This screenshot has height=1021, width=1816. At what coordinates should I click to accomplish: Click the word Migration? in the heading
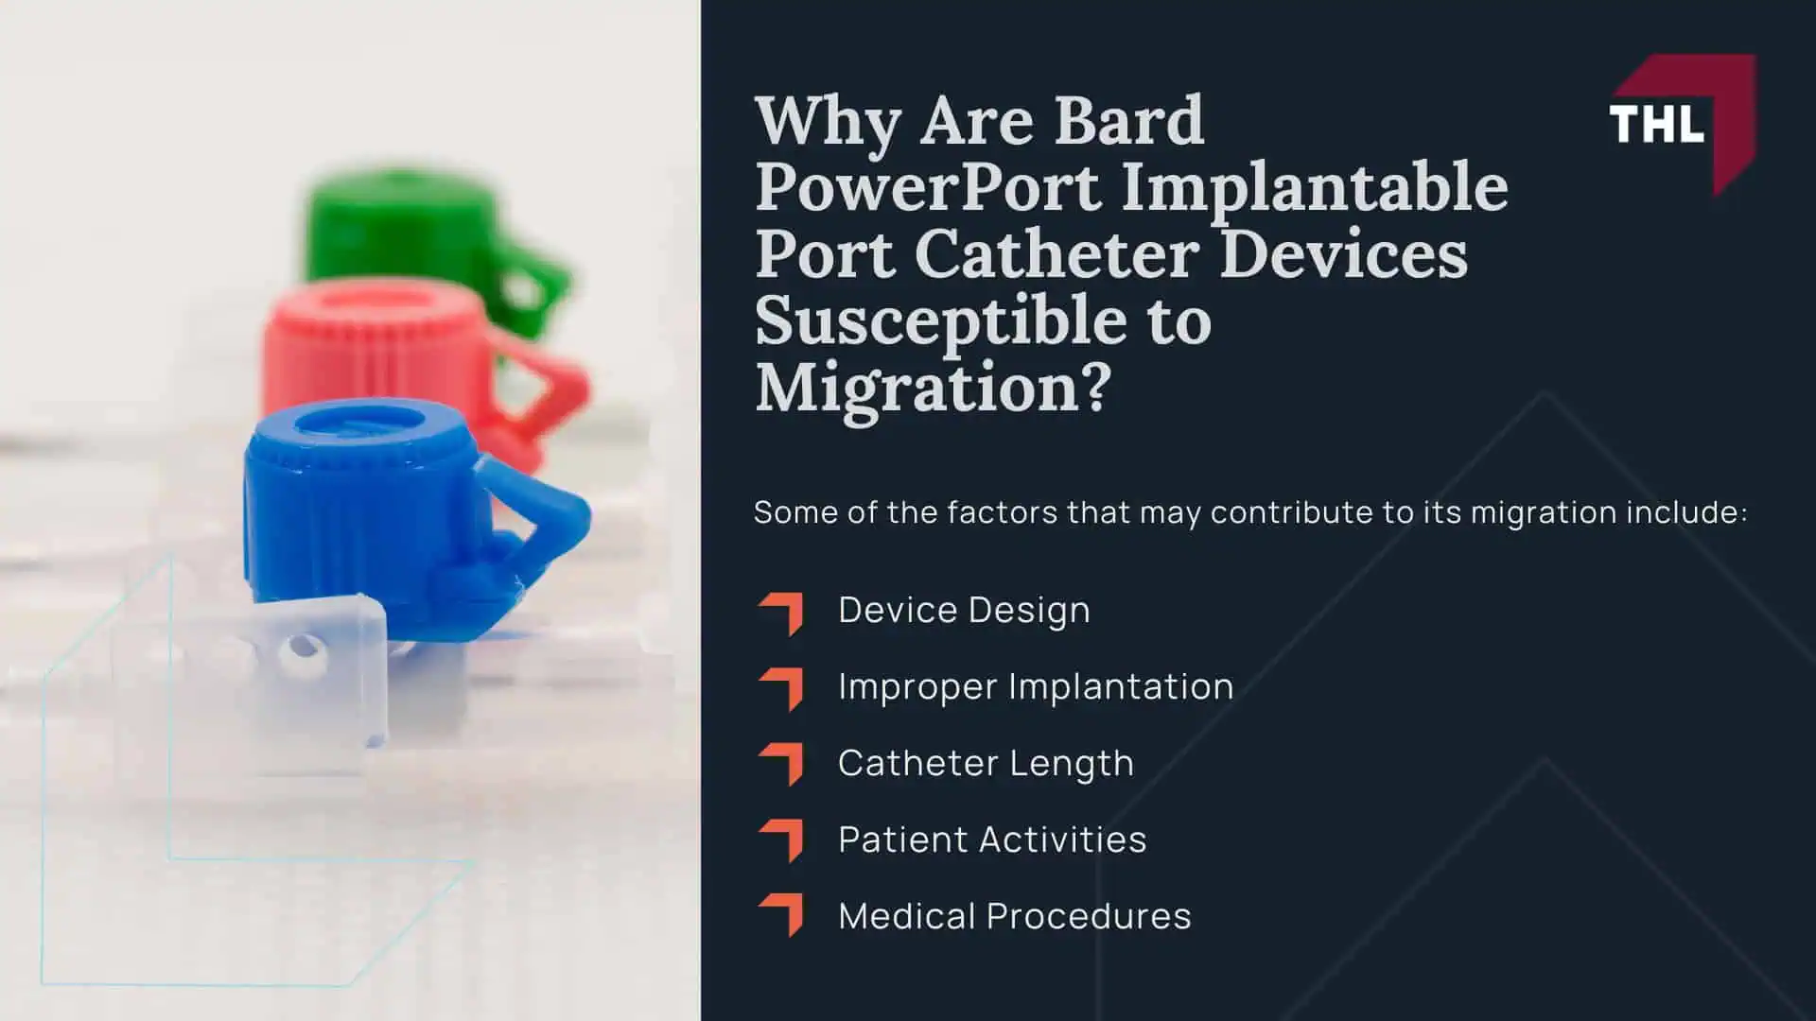pos(933,388)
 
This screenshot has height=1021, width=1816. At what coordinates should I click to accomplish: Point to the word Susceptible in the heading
pos(941,321)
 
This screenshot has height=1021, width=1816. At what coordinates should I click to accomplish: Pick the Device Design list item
pos(964,611)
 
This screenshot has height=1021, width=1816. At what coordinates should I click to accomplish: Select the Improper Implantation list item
pos(1036,687)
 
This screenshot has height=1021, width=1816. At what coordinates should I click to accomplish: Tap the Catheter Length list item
pos(986,764)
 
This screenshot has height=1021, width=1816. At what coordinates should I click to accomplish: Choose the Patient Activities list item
pos(992,839)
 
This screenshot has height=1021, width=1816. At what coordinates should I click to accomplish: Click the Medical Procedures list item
pos(1014,916)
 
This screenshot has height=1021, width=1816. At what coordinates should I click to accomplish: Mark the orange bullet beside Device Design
pos(782,612)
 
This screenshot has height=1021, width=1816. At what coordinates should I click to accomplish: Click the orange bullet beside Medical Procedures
pos(782,914)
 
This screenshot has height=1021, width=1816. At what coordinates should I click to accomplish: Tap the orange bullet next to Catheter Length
pos(782,764)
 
